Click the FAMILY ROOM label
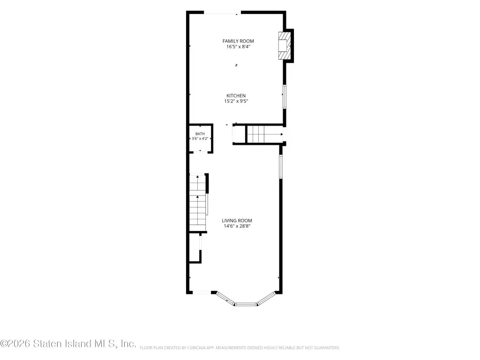(238, 41)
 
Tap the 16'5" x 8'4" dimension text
(238, 47)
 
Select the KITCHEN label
(236, 96)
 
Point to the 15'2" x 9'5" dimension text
(236, 101)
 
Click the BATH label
(200, 134)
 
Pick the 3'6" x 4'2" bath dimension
(200, 138)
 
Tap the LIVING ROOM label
(237, 220)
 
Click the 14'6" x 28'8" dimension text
(237, 226)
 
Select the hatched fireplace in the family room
(284, 45)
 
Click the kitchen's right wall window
(285, 97)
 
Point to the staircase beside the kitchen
(264, 135)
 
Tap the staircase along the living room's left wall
(198, 203)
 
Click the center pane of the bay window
(246, 304)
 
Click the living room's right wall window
(280, 166)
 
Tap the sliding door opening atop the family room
(223, 13)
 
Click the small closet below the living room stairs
(195, 247)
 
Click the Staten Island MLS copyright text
(68, 344)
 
